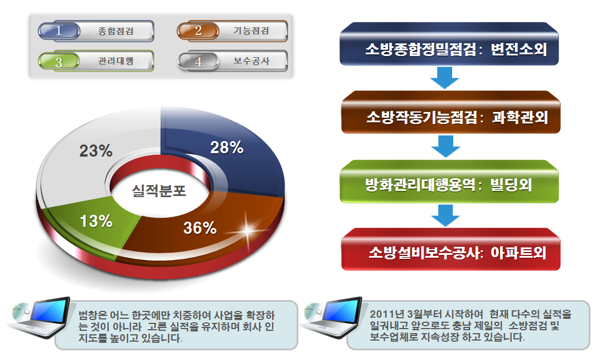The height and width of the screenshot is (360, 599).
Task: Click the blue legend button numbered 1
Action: pyautogui.click(x=96, y=31)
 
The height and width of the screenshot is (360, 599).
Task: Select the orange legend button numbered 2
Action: pyautogui.click(x=232, y=31)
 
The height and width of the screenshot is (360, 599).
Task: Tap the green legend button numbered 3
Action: pyautogui.click(x=96, y=61)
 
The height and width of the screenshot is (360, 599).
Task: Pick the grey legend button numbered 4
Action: pyautogui.click(x=232, y=61)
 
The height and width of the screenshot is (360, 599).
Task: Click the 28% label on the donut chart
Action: pyautogui.click(x=227, y=147)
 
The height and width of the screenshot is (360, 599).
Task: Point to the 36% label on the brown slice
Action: pyautogui.click(x=200, y=228)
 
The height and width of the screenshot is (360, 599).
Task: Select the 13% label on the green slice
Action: pyautogui.click(x=96, y=221)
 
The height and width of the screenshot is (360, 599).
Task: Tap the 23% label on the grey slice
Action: pyautogui.click(x=96, y=151)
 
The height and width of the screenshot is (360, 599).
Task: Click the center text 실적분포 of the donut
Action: pyautogui.click(x=159, y=190)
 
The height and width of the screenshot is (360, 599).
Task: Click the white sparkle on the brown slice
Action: pyautogui.click(x=247, y=230)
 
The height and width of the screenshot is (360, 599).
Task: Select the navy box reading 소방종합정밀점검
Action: pyautogui.click(x=449, y=44)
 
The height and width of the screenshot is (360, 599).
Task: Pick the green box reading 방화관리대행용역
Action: pyautogui.click(x=449, y=181)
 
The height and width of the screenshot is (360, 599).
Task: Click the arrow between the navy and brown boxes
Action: pyautogui.click(x=445, y=78)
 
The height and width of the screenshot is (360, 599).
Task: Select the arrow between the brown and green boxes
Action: pyautogui.click(x=445, y=147)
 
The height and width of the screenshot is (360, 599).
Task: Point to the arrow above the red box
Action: pyautogui.click(x=445, y=215)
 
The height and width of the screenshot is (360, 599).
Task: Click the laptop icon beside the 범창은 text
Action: pyautogui.click(x=39, y=318)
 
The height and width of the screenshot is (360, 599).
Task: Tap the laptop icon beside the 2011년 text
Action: pyautogui.click(x=331, y=318)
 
